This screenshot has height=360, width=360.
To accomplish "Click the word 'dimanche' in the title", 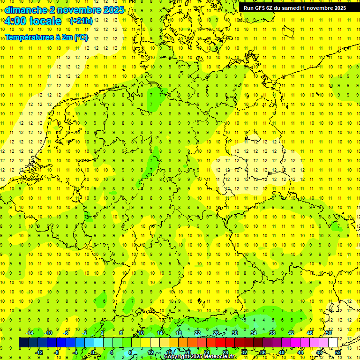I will pos(25,9).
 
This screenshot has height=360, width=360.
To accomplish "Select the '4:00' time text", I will pos(16,21).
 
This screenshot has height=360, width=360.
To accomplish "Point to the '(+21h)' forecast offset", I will pos(81,21).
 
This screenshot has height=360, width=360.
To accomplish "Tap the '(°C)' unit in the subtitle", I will pos(81,37).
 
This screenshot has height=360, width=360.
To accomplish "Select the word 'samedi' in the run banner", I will pos(296,7).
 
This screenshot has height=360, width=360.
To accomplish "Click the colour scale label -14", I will pos(30,333).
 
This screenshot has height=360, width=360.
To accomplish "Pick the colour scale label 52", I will pos(338,352).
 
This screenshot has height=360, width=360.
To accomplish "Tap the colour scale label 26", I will pos(216,333).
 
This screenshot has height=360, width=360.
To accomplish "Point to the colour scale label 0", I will pos(93,352).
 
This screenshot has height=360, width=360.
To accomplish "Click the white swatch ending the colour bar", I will pos(333,342).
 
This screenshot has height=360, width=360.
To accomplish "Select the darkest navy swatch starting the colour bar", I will pos(23,342).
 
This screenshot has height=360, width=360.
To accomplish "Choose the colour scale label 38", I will pos(272,333).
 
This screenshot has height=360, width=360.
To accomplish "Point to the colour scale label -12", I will pos(39,352).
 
